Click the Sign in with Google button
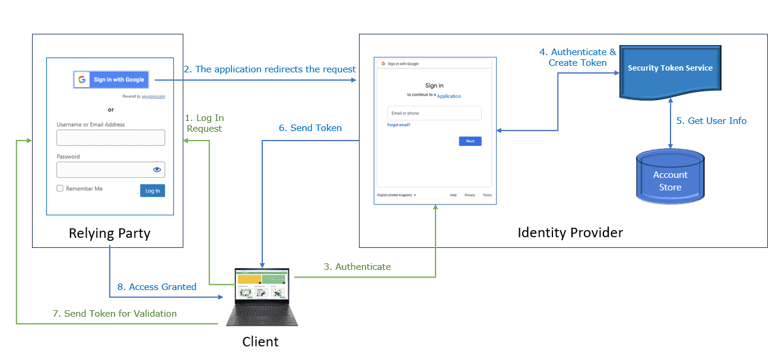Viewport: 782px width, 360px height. [111, 79]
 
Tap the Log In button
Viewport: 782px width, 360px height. [152, 190]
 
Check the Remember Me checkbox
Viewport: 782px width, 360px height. [60, 189]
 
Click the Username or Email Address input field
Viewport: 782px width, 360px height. [110, 138]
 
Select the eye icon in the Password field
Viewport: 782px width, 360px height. [157, 170]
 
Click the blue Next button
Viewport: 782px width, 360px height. [470, 141]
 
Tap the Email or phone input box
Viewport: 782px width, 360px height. [434, 113]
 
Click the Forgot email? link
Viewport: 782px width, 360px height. [399, 125]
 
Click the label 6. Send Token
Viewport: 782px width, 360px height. [310, 128]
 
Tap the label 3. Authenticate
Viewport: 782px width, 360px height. [357, 267]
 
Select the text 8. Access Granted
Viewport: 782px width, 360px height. [157, 287]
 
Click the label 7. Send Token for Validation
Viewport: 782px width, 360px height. [115, 314]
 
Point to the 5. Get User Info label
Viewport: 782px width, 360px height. [711, 121]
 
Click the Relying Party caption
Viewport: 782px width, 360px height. [110, 233]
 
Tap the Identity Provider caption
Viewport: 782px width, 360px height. [570, 232]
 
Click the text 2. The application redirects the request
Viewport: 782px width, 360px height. [270, 69]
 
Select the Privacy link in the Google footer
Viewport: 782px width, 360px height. [469, 195]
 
